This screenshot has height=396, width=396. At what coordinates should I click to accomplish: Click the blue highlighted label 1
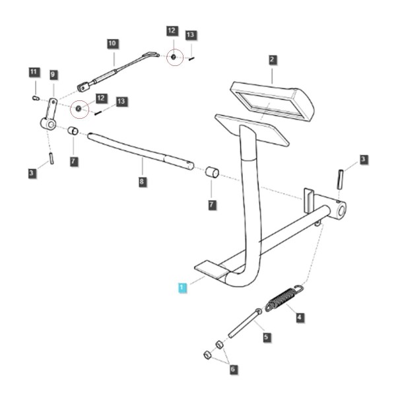coord(182,288)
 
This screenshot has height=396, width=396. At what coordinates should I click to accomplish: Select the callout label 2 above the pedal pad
coord(272,60)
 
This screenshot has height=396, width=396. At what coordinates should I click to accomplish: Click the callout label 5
coord(267,337)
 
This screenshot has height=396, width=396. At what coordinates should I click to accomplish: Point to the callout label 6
coord(233,370)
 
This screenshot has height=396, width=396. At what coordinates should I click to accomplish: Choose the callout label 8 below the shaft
coord(142,181)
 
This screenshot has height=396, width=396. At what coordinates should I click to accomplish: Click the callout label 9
coord(53,75)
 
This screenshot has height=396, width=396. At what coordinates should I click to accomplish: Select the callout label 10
coord(112,44)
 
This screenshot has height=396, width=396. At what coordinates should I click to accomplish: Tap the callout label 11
coord(34,72)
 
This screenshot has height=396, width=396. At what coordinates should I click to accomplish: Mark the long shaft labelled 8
coord(141,151)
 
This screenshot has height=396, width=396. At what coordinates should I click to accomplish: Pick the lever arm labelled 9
coord(49,115)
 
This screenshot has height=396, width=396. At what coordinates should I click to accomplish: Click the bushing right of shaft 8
coord(212,172)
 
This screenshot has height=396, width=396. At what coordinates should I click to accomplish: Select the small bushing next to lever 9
coord(73,131)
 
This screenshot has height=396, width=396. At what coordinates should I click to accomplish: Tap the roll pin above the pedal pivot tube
coord(341,180)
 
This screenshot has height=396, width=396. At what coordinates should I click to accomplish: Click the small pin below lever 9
coord(51,158)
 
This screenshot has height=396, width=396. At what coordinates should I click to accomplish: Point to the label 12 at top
coord(172,31)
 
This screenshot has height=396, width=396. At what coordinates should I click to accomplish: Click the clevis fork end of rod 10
coord(83,87)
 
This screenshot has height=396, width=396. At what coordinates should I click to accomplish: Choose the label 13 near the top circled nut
coord(191,35)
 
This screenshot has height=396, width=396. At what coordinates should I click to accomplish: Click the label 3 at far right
coord(363,159)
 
